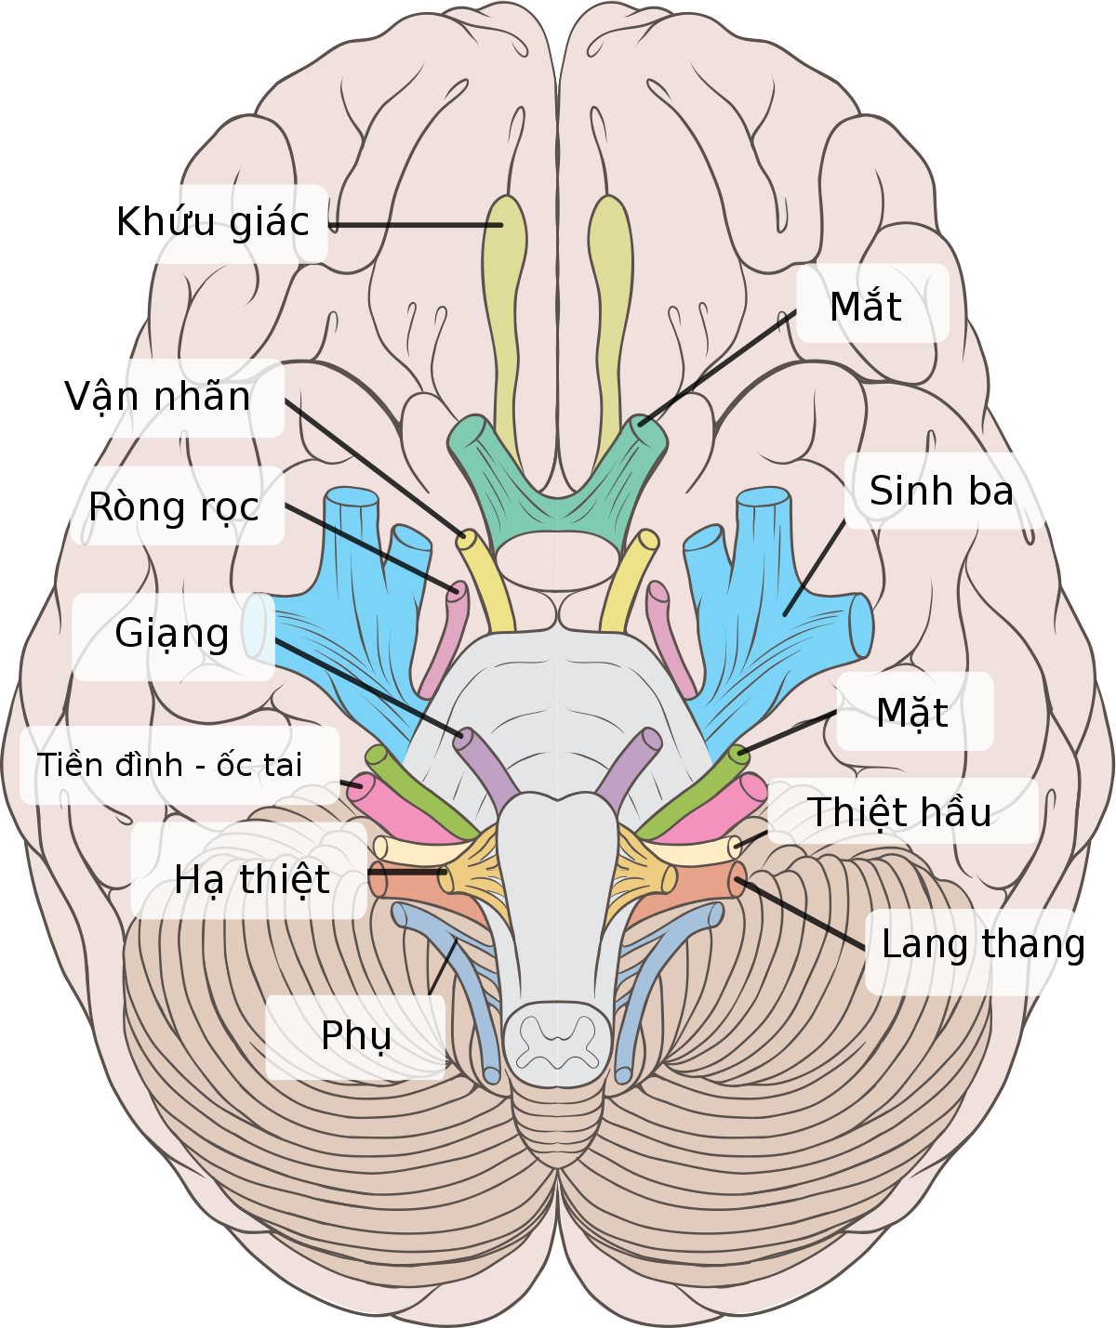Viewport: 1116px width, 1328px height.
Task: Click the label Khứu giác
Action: (213, 223)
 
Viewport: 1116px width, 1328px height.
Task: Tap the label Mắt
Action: (866, 307)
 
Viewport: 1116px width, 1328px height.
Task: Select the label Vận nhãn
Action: (157, 397)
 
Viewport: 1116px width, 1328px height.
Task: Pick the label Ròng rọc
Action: (174, 507)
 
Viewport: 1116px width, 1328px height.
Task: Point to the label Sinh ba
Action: (941, 491)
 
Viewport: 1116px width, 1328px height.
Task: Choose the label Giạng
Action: (172, 634)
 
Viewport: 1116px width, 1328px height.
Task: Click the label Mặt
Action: (912, 713)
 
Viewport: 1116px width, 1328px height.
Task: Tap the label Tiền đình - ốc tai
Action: (170, 765)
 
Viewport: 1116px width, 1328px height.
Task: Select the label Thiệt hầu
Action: (899, 812)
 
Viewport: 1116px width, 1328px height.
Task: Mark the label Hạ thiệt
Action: (252, 879)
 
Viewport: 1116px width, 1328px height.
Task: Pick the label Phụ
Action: (356, 1036)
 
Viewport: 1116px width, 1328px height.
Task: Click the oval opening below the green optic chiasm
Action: (557, 560)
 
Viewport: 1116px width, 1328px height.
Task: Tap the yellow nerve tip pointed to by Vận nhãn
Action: (467, 539)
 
